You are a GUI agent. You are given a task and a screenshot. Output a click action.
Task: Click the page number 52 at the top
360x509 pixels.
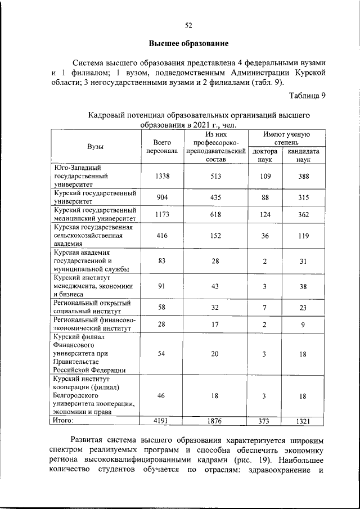[x=189, y=25]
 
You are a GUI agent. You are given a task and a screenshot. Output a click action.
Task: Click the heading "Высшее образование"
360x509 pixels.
[x=188, y=43]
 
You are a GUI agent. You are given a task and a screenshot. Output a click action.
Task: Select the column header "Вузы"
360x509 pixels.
[x=95, y=146]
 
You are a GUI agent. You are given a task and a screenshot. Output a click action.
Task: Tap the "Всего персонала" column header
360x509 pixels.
[x=162, y=147]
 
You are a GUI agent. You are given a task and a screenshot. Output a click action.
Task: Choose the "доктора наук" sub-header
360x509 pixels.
[x=265, y=155]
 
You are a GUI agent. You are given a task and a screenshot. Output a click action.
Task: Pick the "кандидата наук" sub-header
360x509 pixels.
[x=304, y=155]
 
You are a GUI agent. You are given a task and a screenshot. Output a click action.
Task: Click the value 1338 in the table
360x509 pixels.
[x=162, y=176]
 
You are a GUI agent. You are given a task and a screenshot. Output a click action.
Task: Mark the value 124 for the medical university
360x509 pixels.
[x=265, y=214]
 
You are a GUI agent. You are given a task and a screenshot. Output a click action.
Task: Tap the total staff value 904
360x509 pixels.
[x=162, y=197]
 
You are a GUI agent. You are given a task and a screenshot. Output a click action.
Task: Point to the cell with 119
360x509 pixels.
[x=304, y=236]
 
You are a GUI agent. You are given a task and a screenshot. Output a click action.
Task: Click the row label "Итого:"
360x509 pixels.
[x=64, y=420]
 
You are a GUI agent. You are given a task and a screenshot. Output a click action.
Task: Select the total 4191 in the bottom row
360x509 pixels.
[x=162, y=421]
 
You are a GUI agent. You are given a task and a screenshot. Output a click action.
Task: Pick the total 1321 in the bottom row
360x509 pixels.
[x=304, y=421]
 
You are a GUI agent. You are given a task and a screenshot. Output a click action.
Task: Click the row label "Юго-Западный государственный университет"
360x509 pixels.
[x=79, y=175]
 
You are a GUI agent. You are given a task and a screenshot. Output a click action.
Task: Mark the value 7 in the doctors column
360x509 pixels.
[x=265, y=307]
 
